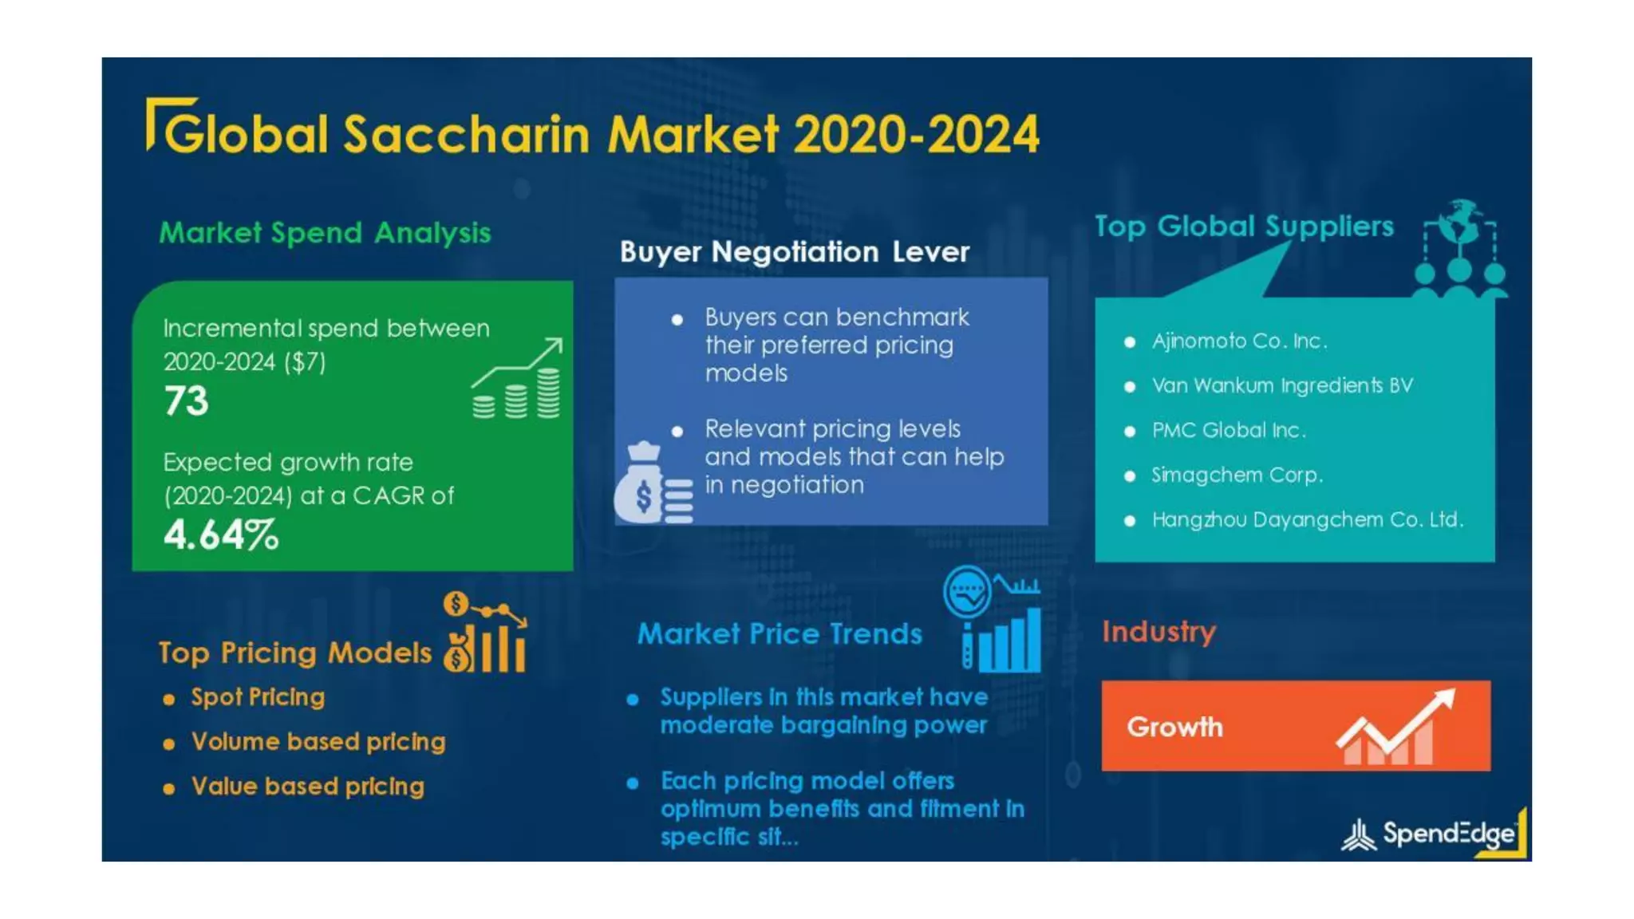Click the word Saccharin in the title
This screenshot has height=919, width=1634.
tap(467, 134)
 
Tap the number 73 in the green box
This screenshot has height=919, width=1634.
tap(186, 400)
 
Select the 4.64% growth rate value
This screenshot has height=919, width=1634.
tap(221, 534)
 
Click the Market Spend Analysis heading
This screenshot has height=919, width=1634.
tap(325, 233)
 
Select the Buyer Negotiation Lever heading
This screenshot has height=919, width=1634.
tap(795, 252)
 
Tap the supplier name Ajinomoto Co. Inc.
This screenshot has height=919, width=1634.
tap(1239, 341)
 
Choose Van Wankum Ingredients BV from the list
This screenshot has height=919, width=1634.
tap(1281, 386)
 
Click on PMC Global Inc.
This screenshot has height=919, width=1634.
tap(1229, 431)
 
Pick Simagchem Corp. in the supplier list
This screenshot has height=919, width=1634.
tap(1237, 475)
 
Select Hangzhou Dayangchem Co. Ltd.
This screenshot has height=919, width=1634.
tap(1307, 520)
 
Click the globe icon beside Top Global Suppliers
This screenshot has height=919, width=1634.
tap(1461, 222)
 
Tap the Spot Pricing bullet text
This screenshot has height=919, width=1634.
tap(258, 697)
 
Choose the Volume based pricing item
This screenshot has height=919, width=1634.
tap(318, 742)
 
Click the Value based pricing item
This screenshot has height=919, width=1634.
tap(307, 787)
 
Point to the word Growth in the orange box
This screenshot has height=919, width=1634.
tap(1174, 727)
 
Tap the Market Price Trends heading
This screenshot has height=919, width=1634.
tap(780, 634)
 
